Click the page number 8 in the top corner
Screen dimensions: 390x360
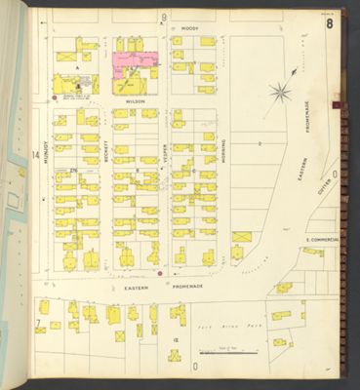pyautogui.click(x=330, y=23)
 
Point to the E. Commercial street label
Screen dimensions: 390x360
pyautogui.click(x=321, y=240)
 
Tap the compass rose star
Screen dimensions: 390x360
pyautogui.click(x=280, y=94)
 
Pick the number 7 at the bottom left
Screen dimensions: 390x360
pyautogui.click(x=37, y=322)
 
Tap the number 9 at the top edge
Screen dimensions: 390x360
pyautogui.click(x=164, y=18)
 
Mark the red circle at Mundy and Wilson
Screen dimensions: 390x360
pyautogui.click(x=53, y=97)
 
